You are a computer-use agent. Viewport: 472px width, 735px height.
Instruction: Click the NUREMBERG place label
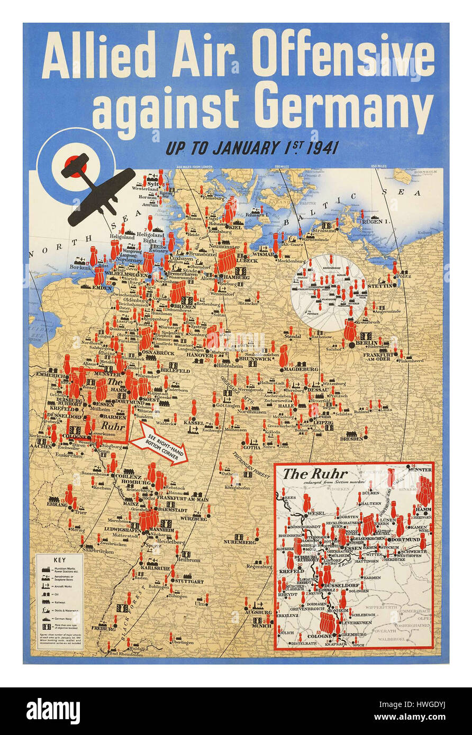(240, 542)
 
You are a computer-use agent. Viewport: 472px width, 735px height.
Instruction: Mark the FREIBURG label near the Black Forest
(103, 629)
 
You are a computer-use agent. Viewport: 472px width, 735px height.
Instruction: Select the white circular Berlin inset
(328, 292)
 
